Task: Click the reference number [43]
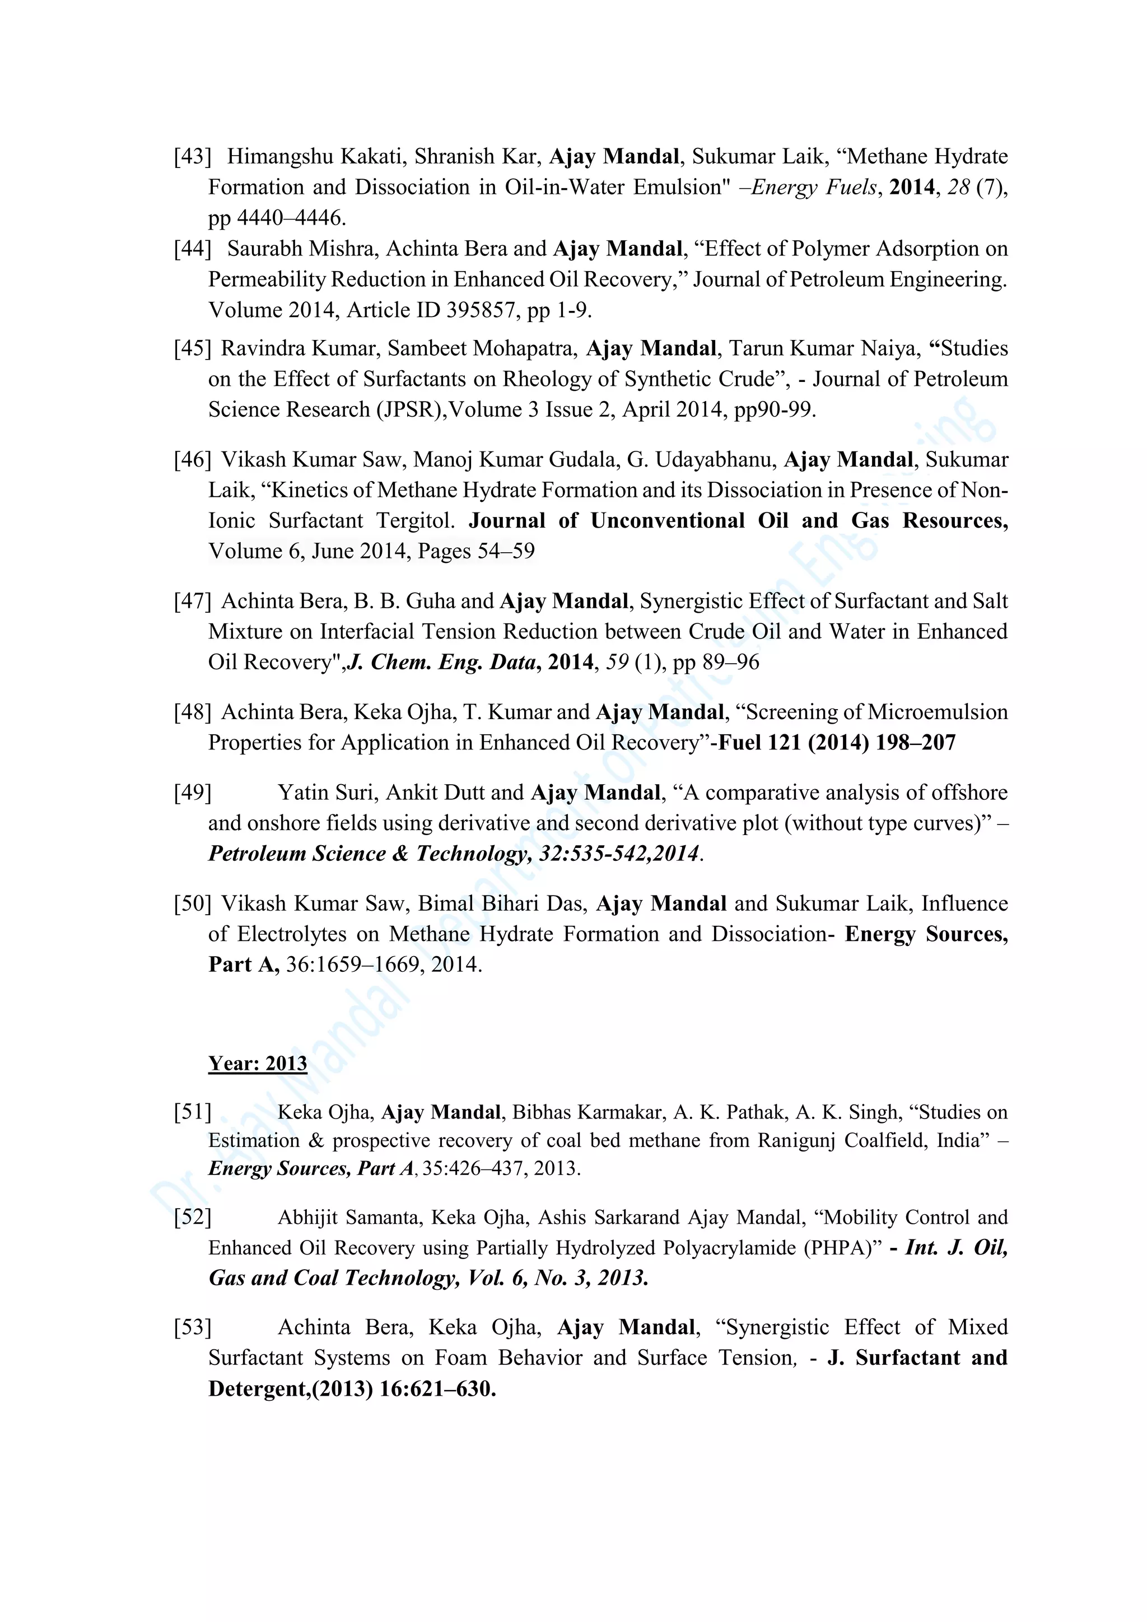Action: coord(192,157)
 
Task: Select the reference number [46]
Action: coord(192,460)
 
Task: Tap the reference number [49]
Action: coord(192,793)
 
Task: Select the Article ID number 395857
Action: coord(481,310)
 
